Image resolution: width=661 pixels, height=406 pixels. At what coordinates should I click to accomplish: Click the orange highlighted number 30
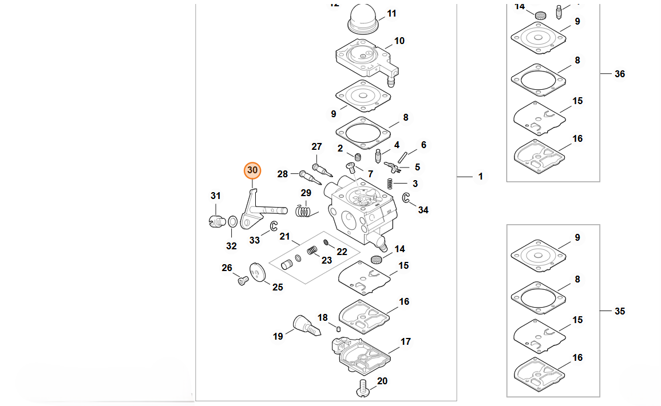[252, 170]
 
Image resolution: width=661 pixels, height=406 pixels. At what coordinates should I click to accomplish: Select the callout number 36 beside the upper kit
[620, 74]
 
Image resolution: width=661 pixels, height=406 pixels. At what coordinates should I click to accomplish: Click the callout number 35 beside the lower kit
[620, 312]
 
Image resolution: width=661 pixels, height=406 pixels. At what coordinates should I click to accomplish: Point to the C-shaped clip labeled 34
[406, 198]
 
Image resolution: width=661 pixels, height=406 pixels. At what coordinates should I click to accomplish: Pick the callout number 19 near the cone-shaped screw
[278, 336]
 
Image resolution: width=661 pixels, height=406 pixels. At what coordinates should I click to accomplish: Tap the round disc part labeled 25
[259, 272]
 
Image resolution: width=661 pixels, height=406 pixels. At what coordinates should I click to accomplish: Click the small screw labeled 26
[242, 280]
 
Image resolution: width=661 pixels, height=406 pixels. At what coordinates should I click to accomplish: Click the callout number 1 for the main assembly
[481, 177]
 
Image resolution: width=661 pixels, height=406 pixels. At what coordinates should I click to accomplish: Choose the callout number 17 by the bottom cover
[405, 342]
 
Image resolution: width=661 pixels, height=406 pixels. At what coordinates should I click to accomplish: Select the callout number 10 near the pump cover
[399, 41]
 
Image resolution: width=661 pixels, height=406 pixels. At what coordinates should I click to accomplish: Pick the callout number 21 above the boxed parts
[284, 236]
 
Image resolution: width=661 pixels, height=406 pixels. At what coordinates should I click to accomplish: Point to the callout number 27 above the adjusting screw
[317, 147]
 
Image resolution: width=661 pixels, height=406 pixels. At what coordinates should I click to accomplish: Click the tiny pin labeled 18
[338, 328]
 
